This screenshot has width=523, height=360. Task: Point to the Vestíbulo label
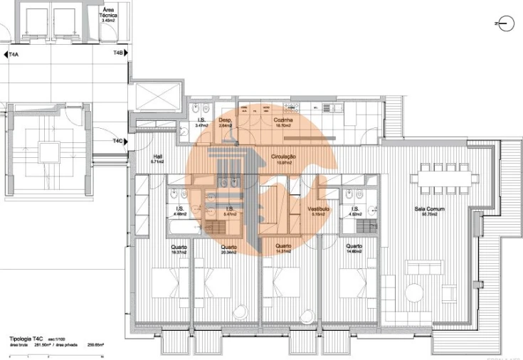pyautogui.click(x=318, y=208)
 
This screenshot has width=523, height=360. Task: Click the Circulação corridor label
pyautogui.click(x=282, y=156)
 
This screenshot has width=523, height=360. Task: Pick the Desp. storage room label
pyautogui.click(x=226, y=120)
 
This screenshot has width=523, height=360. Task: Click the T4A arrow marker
pyautogui.click(x=13, y=54)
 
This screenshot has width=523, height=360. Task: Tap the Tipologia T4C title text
pyautogui.click(x=28, y=339)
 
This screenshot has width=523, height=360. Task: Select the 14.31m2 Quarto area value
pyautogui.click(x=284, y=251)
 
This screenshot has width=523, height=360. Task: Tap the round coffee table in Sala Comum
pyautogui.click(x=414, y=291)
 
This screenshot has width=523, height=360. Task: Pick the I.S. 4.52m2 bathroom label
pyautogui.click(x=354, y=211)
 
